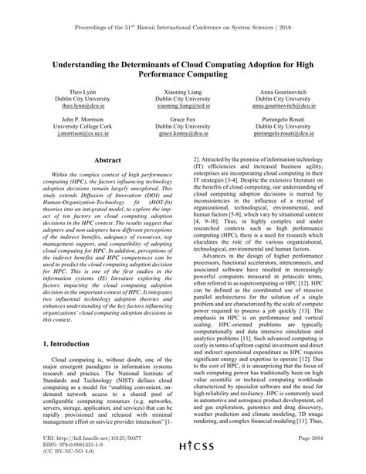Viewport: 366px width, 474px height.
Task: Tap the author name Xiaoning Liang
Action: (182, 91)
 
